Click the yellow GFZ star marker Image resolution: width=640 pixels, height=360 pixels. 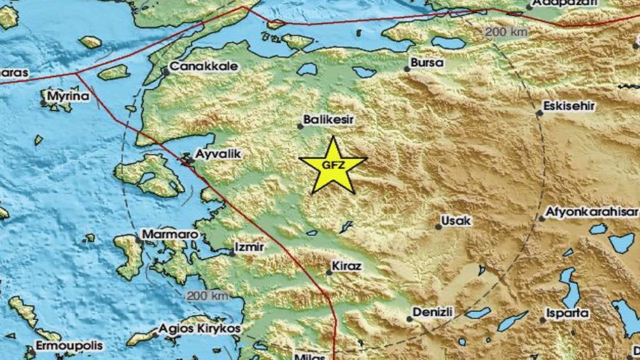pos(333,165)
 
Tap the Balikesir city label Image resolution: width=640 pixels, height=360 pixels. pos(329,119)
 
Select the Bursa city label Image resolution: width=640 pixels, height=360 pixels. pos(428,62)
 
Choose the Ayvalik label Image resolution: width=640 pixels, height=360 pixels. pos(219,154)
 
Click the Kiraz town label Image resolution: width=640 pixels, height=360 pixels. pos(347,266)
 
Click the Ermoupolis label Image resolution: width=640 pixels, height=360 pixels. pos(69,346)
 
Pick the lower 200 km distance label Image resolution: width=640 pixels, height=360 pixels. pos(207,295)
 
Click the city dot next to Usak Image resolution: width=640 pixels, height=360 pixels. pos(438,227)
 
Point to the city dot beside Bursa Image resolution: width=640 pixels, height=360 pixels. pos(407,69)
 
